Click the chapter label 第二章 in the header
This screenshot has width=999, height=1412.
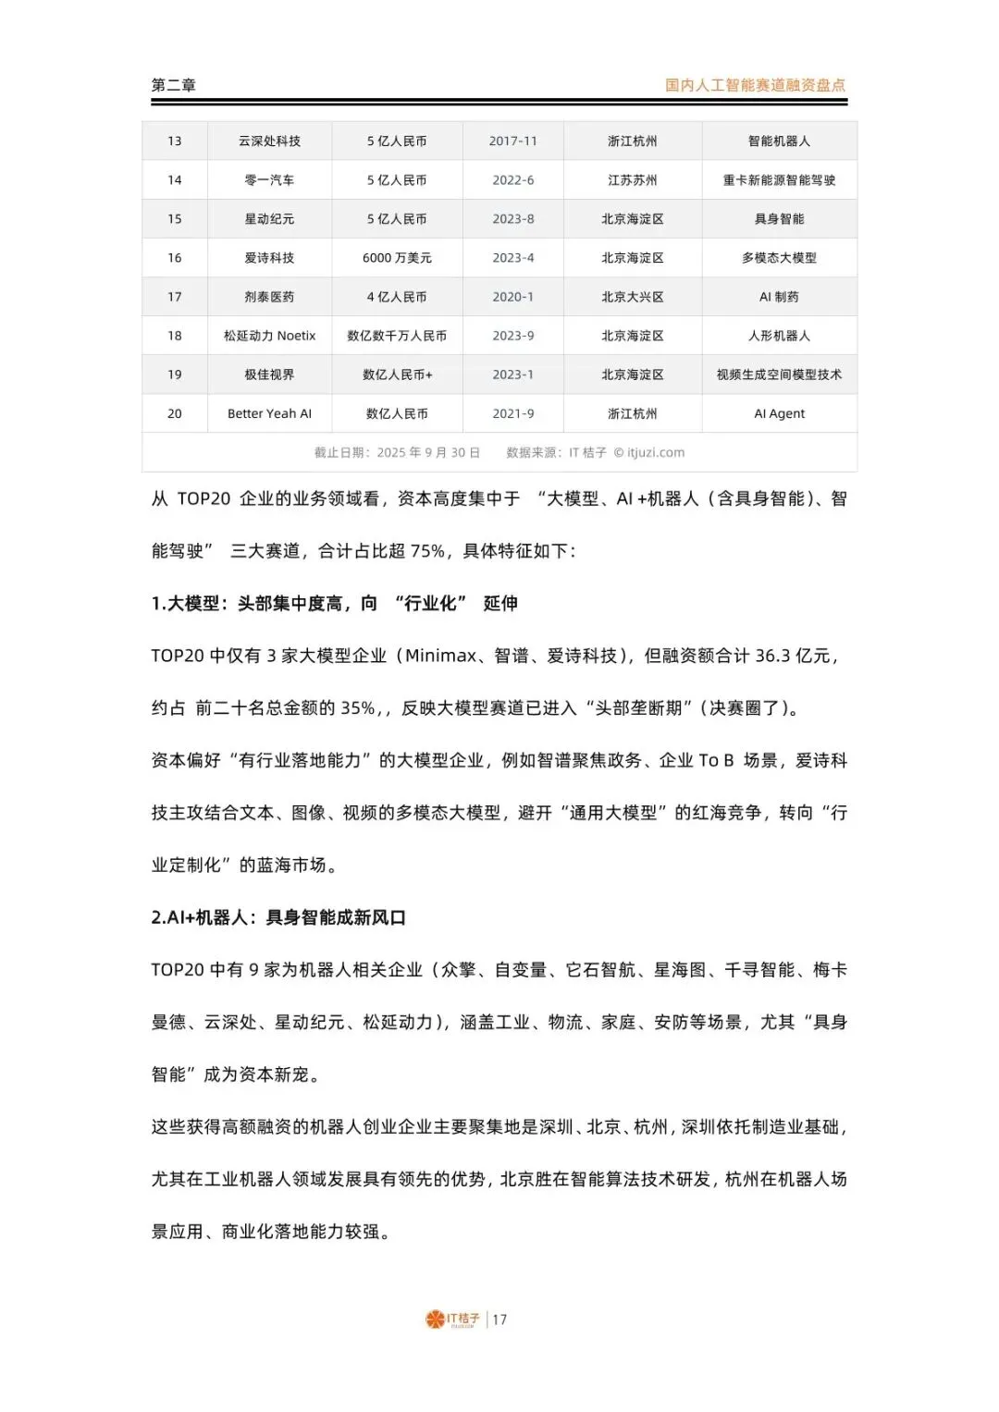pyautogui.click(x=174, y=85)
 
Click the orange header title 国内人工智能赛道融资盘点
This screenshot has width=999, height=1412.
pyautogui.click(x=755, y=85)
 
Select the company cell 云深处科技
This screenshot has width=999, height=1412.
pyautogui.click(x=269, y=141)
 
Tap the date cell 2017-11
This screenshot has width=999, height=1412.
pyautogui.click(x=512, y=141)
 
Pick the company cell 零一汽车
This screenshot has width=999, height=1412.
pyautogui.click(x=269, y=180)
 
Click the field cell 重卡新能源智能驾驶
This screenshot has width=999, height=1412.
pyautogui.click(x=779, y=180)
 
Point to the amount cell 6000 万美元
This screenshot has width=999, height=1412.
pyautogui.click(x=397, y=258)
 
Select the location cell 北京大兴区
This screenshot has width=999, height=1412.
pyautogui.click(x=633, y=297)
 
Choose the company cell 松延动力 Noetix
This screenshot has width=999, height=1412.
pyautogui.click(x=269, y=336)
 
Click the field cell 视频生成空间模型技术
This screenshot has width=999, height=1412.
pyautogui.click(x=779, y=374)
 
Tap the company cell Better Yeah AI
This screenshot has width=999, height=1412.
pyautogui.click(x=269, y=413)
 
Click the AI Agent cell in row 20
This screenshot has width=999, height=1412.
pyautogui.click(x=779, y=413)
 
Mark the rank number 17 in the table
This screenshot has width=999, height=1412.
pyautogui.click(x=175, y=297)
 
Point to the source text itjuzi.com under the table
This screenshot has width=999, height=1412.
pyautogui.click(x=655, y=452)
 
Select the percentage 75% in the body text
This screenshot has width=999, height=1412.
pyautogui.click(x=427, y=551)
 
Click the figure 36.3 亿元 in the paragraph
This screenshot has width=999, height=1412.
pyautogui.click(x=793, y=656)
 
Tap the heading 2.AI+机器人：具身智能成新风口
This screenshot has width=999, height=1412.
pyautogui.click(x=278, y=917)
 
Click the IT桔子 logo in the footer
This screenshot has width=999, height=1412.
pyautogui.click(x=452, y=1320)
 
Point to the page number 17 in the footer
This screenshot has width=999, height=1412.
pyautogui.click(x=499, y=1320)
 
